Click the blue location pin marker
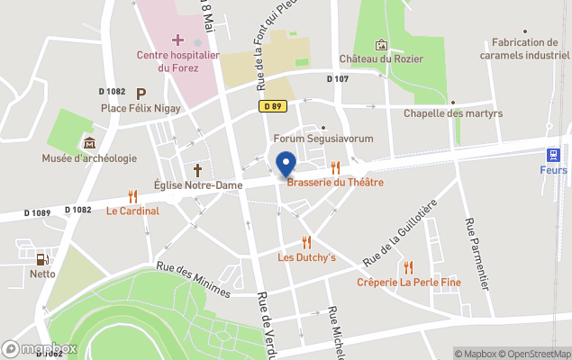coord(286,165)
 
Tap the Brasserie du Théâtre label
coord(335,182)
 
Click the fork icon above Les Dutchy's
coord(306,242)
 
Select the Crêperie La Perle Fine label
coord(408,283)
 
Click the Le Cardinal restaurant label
coord(132,211)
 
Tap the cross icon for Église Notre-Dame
coord(197,169)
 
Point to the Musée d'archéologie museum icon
coord(89,143)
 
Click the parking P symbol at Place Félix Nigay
coord(141,93)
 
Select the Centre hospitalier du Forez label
coord(177,60)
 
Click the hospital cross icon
coord(177,40)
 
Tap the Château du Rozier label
coord(381,58)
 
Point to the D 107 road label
coord(337,79)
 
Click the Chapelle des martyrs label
coord(452,113)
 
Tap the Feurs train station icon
coord(553,154)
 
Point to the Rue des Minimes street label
coord(193,279)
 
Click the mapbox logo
coord(40,348)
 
